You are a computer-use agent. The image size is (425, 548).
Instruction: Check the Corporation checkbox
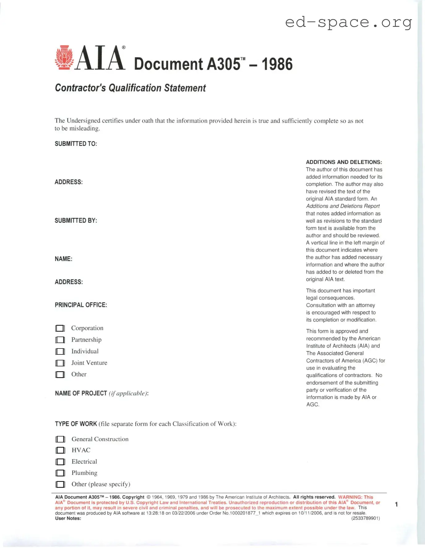60,328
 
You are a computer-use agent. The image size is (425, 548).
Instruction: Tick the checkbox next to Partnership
60,340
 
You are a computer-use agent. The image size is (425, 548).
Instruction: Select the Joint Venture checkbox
60,363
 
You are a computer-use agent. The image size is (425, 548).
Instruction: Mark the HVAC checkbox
60,450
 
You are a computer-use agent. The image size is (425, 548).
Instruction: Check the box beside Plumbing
60,473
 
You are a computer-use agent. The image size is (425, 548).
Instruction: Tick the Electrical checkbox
60,462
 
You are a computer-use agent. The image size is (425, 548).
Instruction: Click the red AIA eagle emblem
64,58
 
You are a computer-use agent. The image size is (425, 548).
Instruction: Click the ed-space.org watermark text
349,22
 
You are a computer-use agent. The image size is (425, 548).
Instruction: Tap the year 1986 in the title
277,64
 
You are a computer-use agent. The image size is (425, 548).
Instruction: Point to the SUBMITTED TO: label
76,144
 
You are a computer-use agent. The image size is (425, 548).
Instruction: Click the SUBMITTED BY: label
76,220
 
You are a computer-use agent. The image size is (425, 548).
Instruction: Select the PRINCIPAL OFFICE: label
81,305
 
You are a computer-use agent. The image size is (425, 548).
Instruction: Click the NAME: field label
63,259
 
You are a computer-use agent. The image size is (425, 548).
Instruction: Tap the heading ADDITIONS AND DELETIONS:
344,162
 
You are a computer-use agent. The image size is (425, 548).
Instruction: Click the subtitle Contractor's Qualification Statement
130,88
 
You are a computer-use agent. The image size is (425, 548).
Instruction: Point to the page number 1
396,504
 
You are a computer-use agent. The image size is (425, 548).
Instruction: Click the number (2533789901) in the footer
365,518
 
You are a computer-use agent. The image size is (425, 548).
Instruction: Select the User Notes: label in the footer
68,518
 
